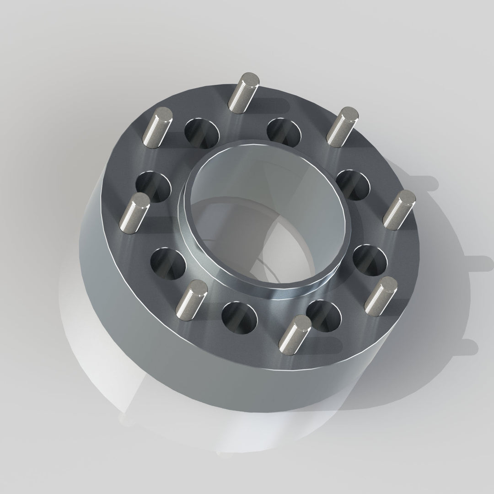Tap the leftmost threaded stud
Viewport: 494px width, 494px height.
click(134, 212)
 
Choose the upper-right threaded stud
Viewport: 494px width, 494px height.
click(342, 127)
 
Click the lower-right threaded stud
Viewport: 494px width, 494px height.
click(380, 294)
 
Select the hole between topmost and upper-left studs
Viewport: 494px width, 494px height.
click(202, 133)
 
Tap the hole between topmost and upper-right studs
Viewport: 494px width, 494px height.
click(284, 132)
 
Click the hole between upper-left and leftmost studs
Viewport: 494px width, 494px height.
click(153, 187)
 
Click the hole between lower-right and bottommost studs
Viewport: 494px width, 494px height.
click(324, 315)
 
